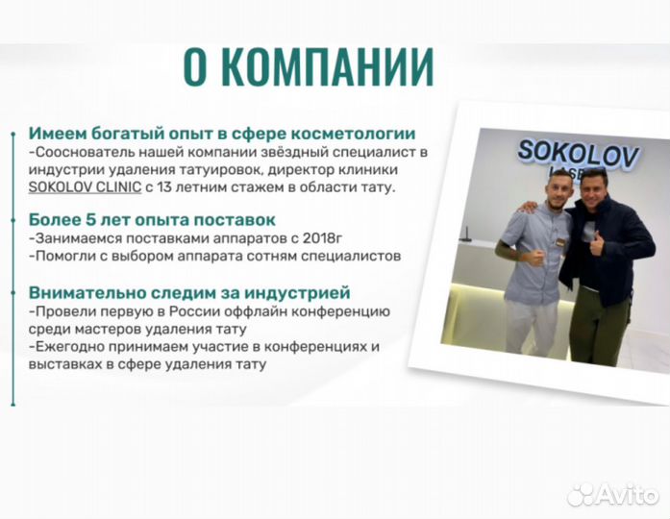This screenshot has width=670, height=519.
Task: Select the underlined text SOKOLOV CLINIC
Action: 84,185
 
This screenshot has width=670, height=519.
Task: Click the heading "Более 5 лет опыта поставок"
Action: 152,220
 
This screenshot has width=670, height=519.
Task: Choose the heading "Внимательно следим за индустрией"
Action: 189,291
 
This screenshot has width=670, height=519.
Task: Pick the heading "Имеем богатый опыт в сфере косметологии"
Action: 222,134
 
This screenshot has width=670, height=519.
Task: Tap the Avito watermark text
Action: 629,494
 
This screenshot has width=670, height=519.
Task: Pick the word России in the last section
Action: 201,312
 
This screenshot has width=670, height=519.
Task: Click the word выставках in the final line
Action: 67,364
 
